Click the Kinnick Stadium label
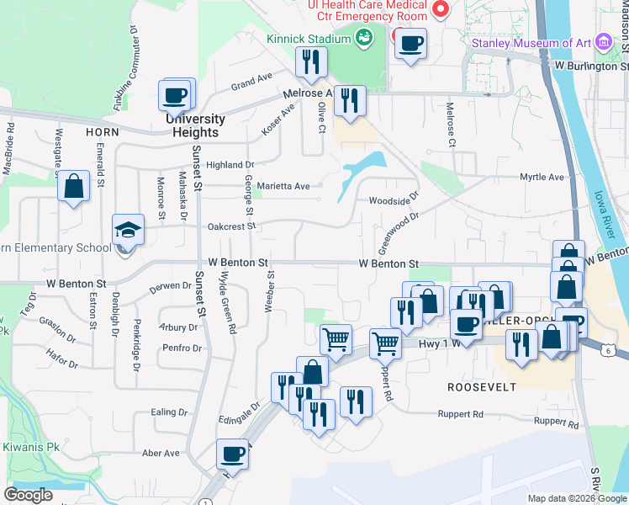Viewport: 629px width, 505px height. [x=308, y=39]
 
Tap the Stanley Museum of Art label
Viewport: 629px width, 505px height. [x=532, y=43]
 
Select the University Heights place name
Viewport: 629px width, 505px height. [x=195, y=125]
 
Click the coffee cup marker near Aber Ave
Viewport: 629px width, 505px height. [x=233, y=454]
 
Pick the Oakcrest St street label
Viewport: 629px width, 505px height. [x=231, y=226]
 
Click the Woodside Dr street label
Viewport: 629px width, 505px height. [x=393, y=200]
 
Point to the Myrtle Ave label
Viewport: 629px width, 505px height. [x=542, y=178]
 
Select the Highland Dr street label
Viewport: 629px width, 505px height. [x=230, y=165]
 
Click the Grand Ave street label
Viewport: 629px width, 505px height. [x=252, y=82]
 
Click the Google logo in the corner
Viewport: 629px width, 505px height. [x=29, y=495]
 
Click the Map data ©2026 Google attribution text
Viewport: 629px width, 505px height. [x=576, y=498]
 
